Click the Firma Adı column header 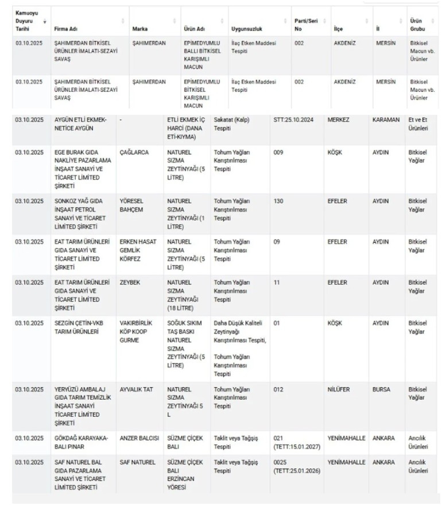[x=66, y=28]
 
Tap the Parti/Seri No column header [x=305, y=24]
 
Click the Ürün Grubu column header [x=417, y=24]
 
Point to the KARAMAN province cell [x=386, y=119]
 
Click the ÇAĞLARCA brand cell [x=134, y=152]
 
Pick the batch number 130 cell [x=278, y=201]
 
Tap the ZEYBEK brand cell [x=129, y=283]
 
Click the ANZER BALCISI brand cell [x=139, y=438]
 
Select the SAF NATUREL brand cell [x=137, y=462]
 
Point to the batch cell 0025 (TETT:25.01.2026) [x=296, y=466]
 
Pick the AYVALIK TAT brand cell [x=136, y=389]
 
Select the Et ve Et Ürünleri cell [x=418, y=123]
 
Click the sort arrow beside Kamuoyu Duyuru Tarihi [x=45, y=22]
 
